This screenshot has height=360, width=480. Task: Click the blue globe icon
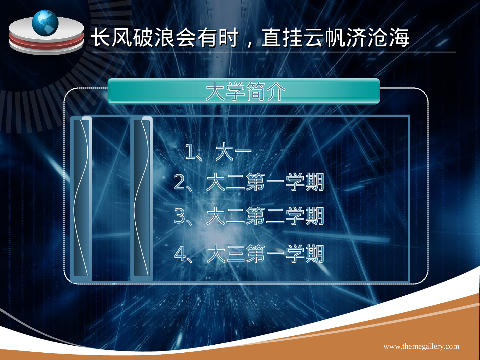click(x=45, y=23)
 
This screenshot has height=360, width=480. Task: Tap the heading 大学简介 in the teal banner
click(x=245, y=92)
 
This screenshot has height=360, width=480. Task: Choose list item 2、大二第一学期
click(x=249, y=182)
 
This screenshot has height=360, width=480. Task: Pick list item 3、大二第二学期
click(x=249, y=216)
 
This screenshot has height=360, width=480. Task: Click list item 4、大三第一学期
click(x=249, y=254)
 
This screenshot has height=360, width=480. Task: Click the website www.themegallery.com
click(x=421, y=346)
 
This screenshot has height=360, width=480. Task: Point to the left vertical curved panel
click(x=81, y=198)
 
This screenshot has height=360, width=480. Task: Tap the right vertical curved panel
click(x=141, y=198)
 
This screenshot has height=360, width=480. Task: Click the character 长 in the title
click(x=101, y=37)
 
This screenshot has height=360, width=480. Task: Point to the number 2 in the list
click(x=180, y=182)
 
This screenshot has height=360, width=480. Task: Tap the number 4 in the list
click(x=180, y=254)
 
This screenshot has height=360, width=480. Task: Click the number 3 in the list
click(x=180, y=216)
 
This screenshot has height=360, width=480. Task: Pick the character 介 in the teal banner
click(x=276, y=92)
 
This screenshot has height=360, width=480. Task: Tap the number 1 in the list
click(x=189, y=152)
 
